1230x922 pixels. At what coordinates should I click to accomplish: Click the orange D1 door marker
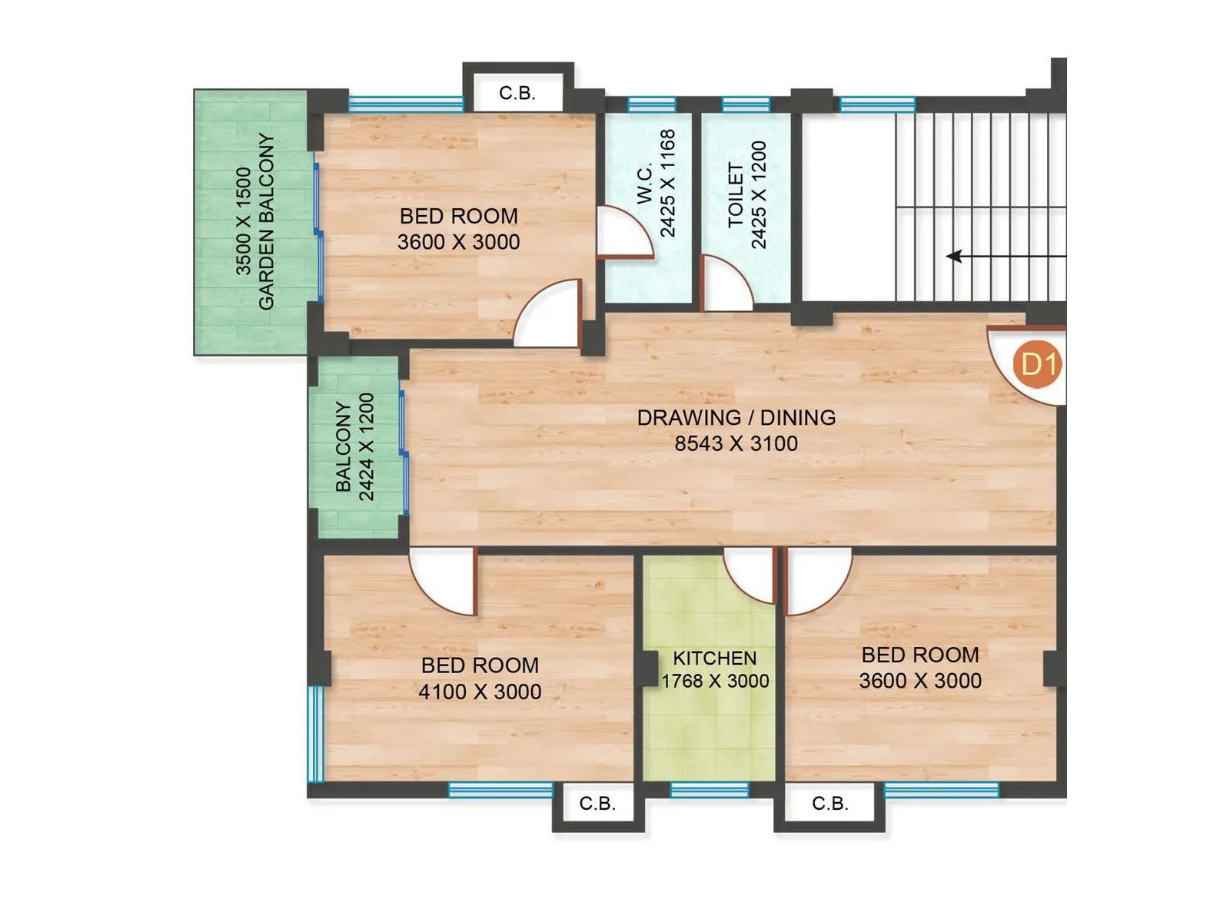point(1038,363)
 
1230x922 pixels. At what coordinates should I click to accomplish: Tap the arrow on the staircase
point(956,256)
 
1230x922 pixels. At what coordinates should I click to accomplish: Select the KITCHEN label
point(714,658)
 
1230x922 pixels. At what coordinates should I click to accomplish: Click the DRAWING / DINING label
point(736,417)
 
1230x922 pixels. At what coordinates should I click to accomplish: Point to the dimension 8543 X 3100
point(736,443)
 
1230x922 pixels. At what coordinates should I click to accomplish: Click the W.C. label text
point(645,183)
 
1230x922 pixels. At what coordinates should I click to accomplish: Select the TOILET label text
point(736,195)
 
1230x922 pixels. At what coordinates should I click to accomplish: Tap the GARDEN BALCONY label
point(266,221)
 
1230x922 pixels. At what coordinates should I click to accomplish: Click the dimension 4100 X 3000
point(480,691)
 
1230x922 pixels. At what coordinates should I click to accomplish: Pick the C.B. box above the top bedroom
point(517,93)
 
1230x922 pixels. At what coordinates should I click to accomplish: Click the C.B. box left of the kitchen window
point(597,804)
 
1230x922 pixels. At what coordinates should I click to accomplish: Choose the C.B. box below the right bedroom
point(830,804)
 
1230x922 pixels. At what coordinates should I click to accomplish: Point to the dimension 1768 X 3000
point(715,681)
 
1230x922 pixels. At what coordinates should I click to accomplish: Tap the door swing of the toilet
point(725,284)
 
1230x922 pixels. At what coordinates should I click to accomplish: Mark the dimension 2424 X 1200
point(367,447)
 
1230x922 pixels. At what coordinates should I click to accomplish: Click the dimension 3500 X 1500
point(243,221)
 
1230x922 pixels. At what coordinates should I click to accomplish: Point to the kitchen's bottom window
point(709,790)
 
